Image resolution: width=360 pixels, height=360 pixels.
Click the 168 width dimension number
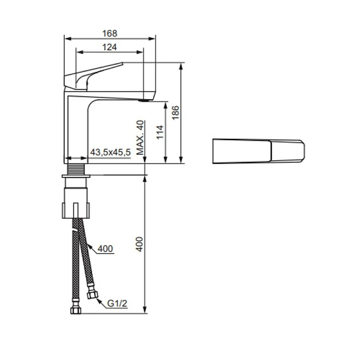coord(109,33)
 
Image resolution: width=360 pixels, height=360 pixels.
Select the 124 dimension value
coord(109,47)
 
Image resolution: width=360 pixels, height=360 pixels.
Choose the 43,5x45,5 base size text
coord(110,153)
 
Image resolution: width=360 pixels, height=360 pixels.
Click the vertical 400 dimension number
coord(139,244)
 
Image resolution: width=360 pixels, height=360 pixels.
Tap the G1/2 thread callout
coord(117,304)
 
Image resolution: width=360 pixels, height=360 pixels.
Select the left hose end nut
coord(74,310)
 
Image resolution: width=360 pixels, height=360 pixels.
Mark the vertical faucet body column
coord(76,130)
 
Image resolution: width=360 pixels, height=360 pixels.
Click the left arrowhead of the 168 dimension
coord(67,38)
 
